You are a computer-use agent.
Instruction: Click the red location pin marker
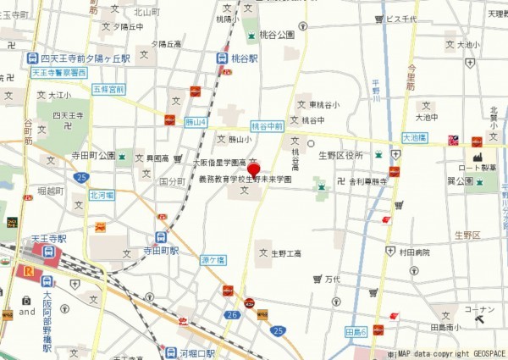pyautogui.click(x=253, y=168)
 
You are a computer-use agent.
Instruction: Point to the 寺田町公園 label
pyautogui.click(x=94, y=156)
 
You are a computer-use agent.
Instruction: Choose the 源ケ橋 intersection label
pyautogui.click(x=212, y=259)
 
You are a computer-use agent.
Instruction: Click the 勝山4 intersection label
pyautogui.click(x=196, y=122)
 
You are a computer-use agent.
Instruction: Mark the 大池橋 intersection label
pyautogui.click(x=413, y=136)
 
